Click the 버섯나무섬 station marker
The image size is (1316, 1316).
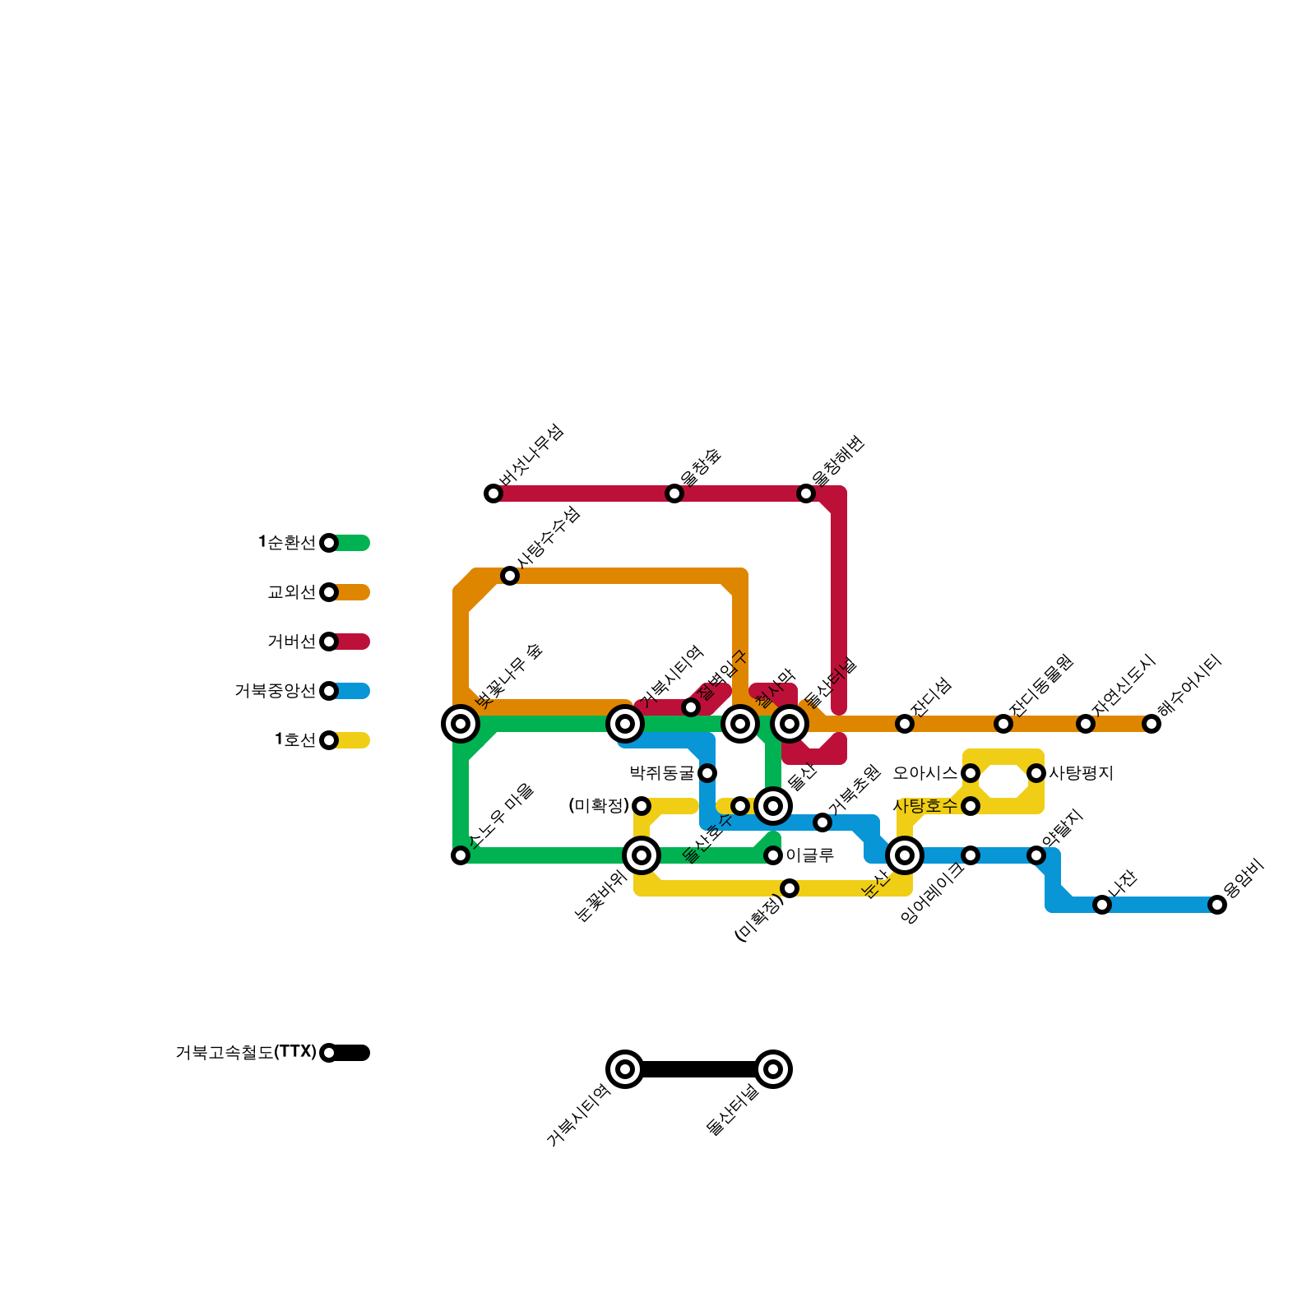[x=493, y=493]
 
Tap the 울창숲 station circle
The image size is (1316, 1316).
[x=674, y=493]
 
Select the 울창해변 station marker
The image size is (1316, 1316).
[x=806, y=493]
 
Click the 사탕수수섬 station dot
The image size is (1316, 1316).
[x=510, y=576]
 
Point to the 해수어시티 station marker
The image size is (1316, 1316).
[x=1151, y=724]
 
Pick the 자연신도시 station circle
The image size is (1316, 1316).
[x=1086, y=724]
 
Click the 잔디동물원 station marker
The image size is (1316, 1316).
[x=1003, y=724]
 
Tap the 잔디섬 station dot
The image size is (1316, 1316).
[x=905, y=724]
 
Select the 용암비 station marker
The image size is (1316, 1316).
[x=1217, y=905]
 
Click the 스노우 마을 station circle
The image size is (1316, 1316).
[x=461, y=855]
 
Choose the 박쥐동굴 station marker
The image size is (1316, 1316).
[x=707, y=773]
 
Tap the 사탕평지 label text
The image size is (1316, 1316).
[x=1080, y=773]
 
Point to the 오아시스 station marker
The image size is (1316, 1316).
[x=971, y=773]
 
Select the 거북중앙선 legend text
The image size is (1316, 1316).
[x=275, y=691]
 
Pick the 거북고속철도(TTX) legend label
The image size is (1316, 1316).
[x=245, y=1053]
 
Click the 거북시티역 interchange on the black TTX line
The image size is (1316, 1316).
[x=625, y=1069]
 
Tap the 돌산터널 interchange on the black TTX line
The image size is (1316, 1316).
[x=773, y=1069]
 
